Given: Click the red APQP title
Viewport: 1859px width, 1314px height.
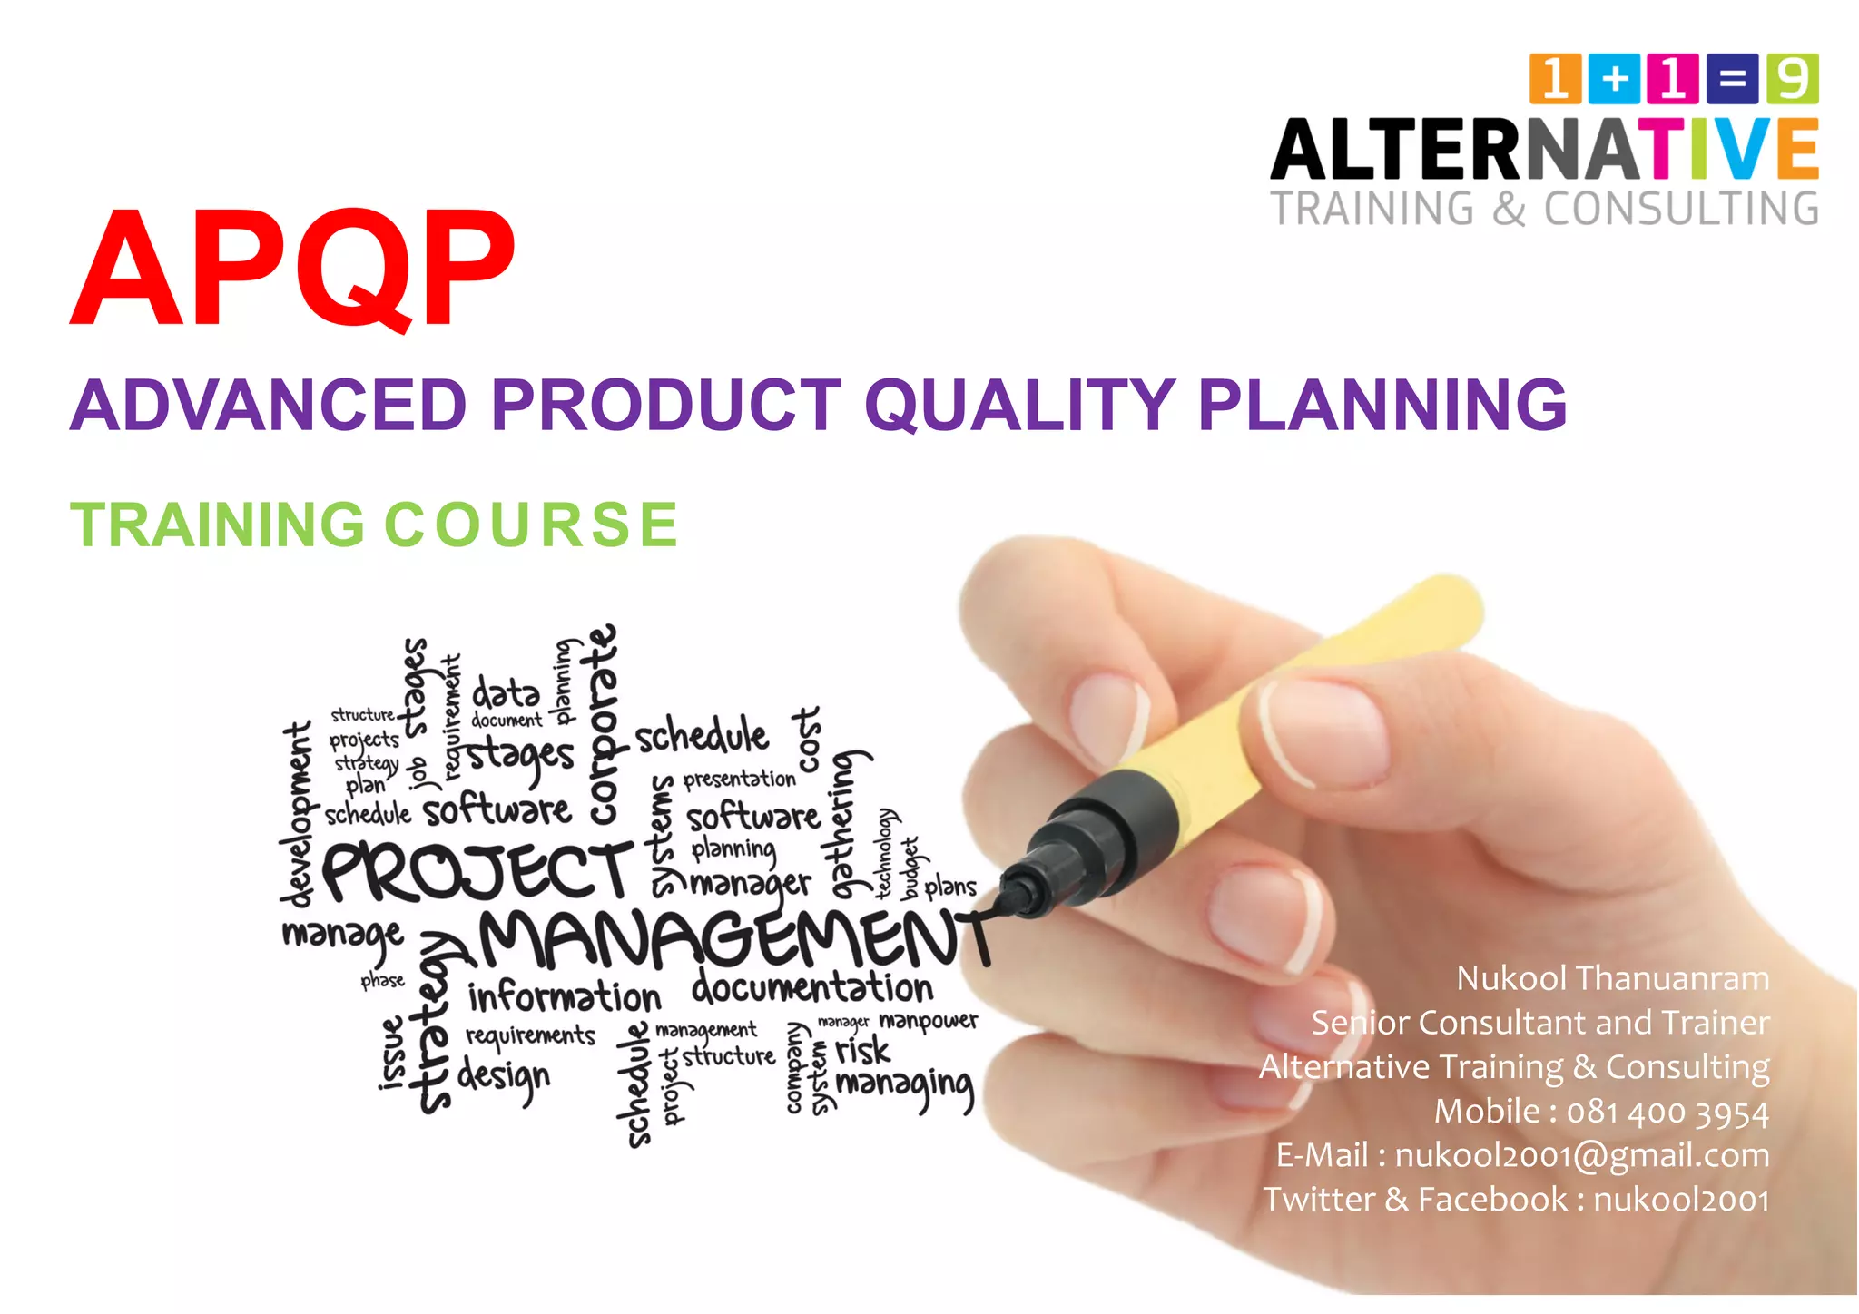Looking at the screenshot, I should (x=292, y=268).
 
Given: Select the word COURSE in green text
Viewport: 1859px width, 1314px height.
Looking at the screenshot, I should (x=532, y=525).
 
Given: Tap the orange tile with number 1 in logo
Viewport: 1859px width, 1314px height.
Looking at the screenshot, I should (x=1555, y=79).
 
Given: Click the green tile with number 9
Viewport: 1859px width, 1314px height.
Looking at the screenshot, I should (x=1792, y=79).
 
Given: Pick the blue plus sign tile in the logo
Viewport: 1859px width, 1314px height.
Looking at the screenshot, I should (x=1614, y=79).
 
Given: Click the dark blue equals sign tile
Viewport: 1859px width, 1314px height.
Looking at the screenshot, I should (x=1732, y=79).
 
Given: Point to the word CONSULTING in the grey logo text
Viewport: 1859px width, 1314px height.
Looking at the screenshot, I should (x=1681, y=209).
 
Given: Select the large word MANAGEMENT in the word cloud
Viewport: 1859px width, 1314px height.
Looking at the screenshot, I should (x=726, y=939).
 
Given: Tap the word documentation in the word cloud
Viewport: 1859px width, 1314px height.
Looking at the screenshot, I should (x=812, y=987).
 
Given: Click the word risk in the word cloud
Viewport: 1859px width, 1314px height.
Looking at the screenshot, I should (x=862, y=1051).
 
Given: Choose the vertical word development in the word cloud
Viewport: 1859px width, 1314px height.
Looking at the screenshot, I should (x=297, y=814).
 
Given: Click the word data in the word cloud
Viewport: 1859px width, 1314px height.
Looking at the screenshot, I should (x=506, y=694).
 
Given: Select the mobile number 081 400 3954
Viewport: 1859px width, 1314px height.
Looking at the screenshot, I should (x=1667, y=1112).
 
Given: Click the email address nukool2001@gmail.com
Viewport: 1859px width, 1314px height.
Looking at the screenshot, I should (x=1581, y=1155).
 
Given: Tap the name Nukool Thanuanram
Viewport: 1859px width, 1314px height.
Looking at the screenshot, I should (x=1612, y=978).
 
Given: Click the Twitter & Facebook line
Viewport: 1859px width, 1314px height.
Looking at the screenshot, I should (x=1516, y=1200).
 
